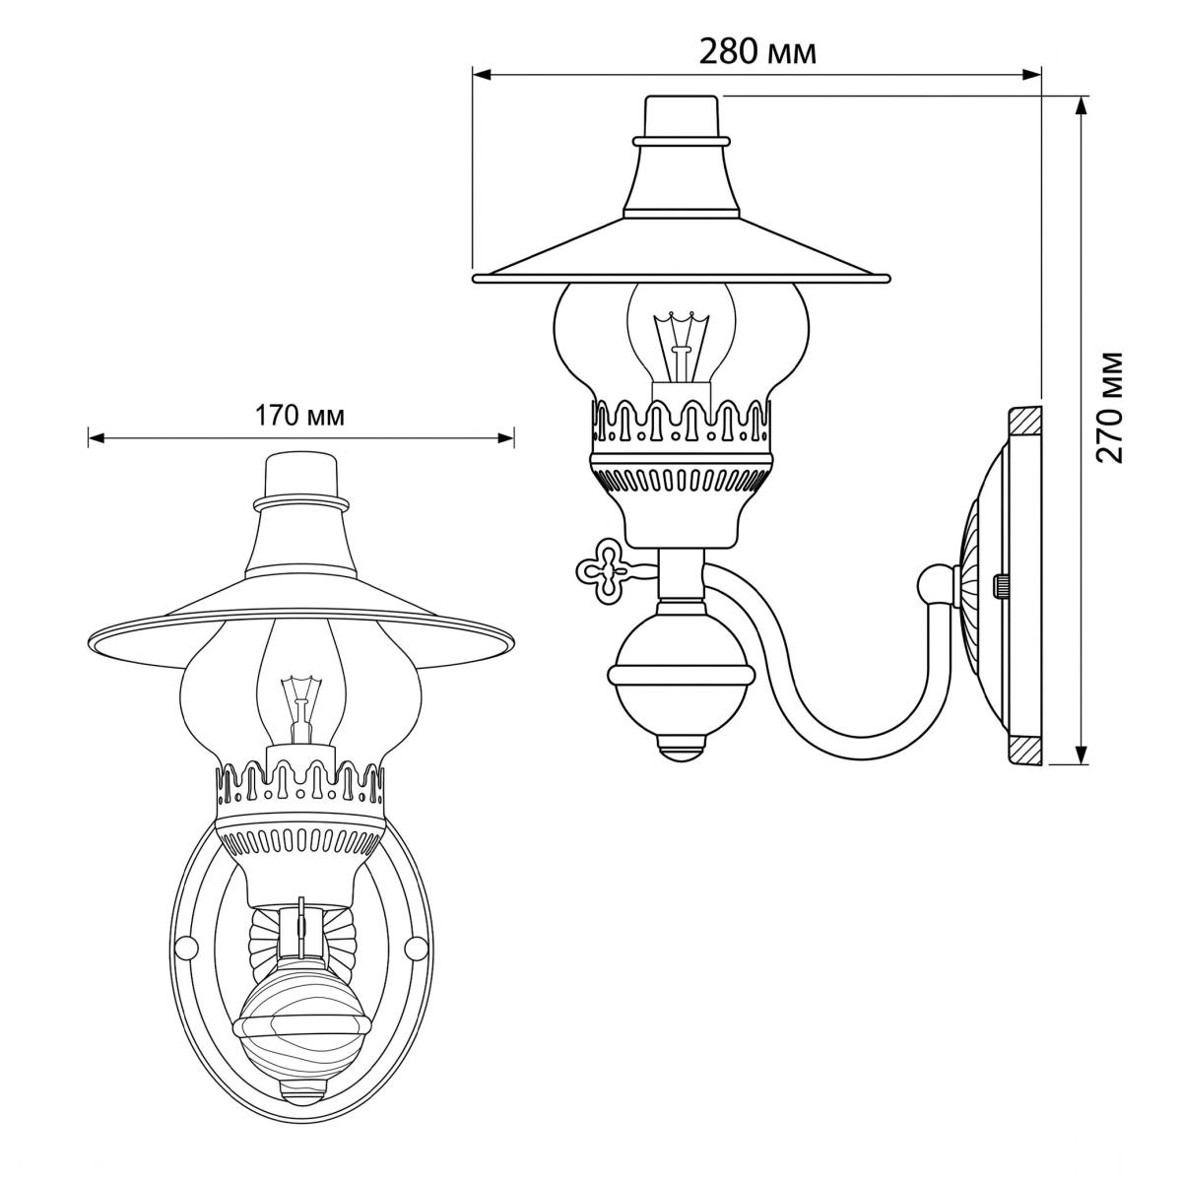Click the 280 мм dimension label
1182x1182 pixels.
point(757,53)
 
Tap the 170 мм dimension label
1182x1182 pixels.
point(299,417)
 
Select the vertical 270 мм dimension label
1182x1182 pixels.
point(1110,407)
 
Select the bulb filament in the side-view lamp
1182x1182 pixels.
point(681,348)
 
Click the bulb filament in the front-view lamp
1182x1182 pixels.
point(298,710)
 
